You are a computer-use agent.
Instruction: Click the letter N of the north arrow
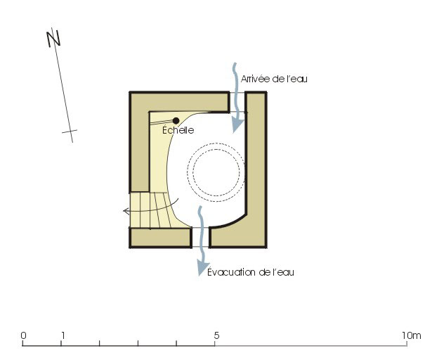tap(53, 39)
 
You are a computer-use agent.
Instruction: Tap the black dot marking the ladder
tap(176, 120)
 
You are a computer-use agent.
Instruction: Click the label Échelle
tap(178, 129)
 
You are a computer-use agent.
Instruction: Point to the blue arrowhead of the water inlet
tap(237, 126)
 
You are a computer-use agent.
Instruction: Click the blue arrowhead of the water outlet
tap(202, 269)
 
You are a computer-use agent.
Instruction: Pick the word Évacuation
tap(231, 272)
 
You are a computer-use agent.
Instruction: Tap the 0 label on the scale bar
tap(23, 335)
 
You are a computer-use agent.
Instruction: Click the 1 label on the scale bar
tap(63, 335)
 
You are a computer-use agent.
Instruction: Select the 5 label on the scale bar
tap(216, 335)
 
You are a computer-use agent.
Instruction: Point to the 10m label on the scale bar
tap(412, 335)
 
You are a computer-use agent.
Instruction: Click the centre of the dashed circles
tap(216, 172)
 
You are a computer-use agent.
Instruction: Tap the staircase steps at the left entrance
tap(152, 210)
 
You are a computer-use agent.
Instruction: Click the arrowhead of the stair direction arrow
tap(126, 211)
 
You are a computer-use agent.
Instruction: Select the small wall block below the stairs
tap(160, 238)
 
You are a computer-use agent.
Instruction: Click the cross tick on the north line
tap(70, 131)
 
